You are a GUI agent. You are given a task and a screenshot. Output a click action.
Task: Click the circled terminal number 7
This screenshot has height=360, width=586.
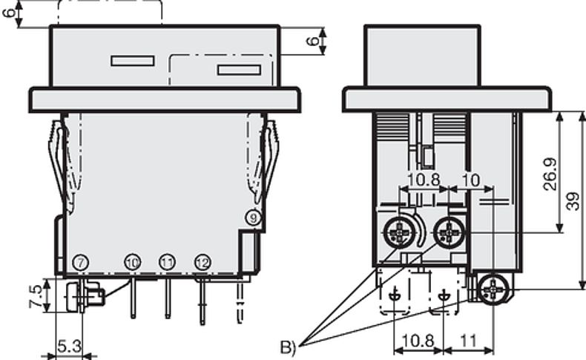tap(80, 261)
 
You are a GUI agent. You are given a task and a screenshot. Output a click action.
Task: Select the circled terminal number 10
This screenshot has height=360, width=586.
tap(132, 262)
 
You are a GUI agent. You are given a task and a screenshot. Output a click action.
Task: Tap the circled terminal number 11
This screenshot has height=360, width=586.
tap(167, 262)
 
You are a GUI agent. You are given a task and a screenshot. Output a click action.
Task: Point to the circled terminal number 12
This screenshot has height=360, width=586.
tap(202, 262)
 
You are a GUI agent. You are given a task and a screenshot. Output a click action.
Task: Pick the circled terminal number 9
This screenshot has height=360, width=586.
tap(253, 217)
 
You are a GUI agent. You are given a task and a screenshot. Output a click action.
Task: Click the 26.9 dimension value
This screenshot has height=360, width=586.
tap(550, 173)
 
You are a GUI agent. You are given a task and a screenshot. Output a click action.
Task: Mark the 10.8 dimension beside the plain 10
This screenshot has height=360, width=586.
tap(424, 180)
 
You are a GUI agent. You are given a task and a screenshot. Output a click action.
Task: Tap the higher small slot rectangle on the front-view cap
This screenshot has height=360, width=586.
tap(132, 61)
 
